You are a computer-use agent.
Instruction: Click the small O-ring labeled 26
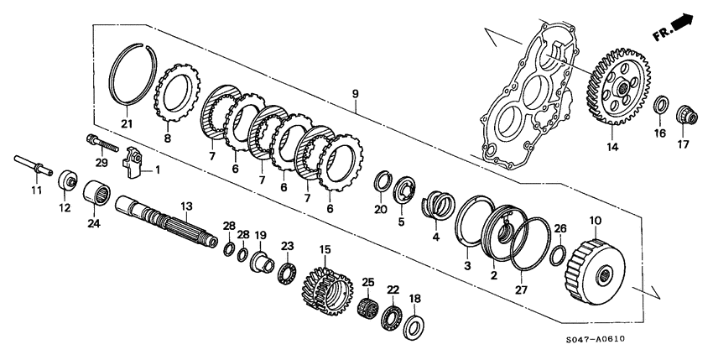tap(559, 253)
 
